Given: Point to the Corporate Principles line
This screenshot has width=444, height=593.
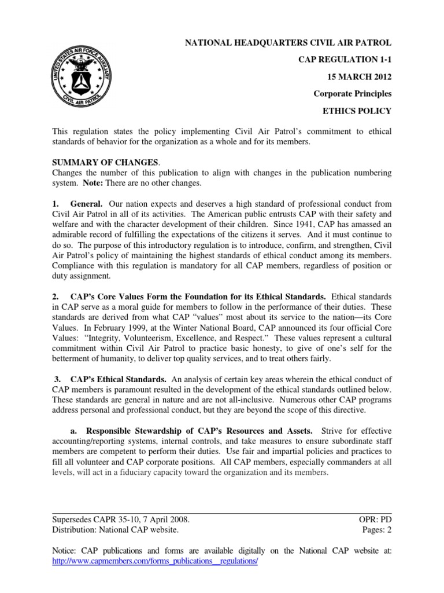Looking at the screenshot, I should tap(353, 93).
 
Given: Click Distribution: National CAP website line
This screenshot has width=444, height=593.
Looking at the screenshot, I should tap(116, 529).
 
